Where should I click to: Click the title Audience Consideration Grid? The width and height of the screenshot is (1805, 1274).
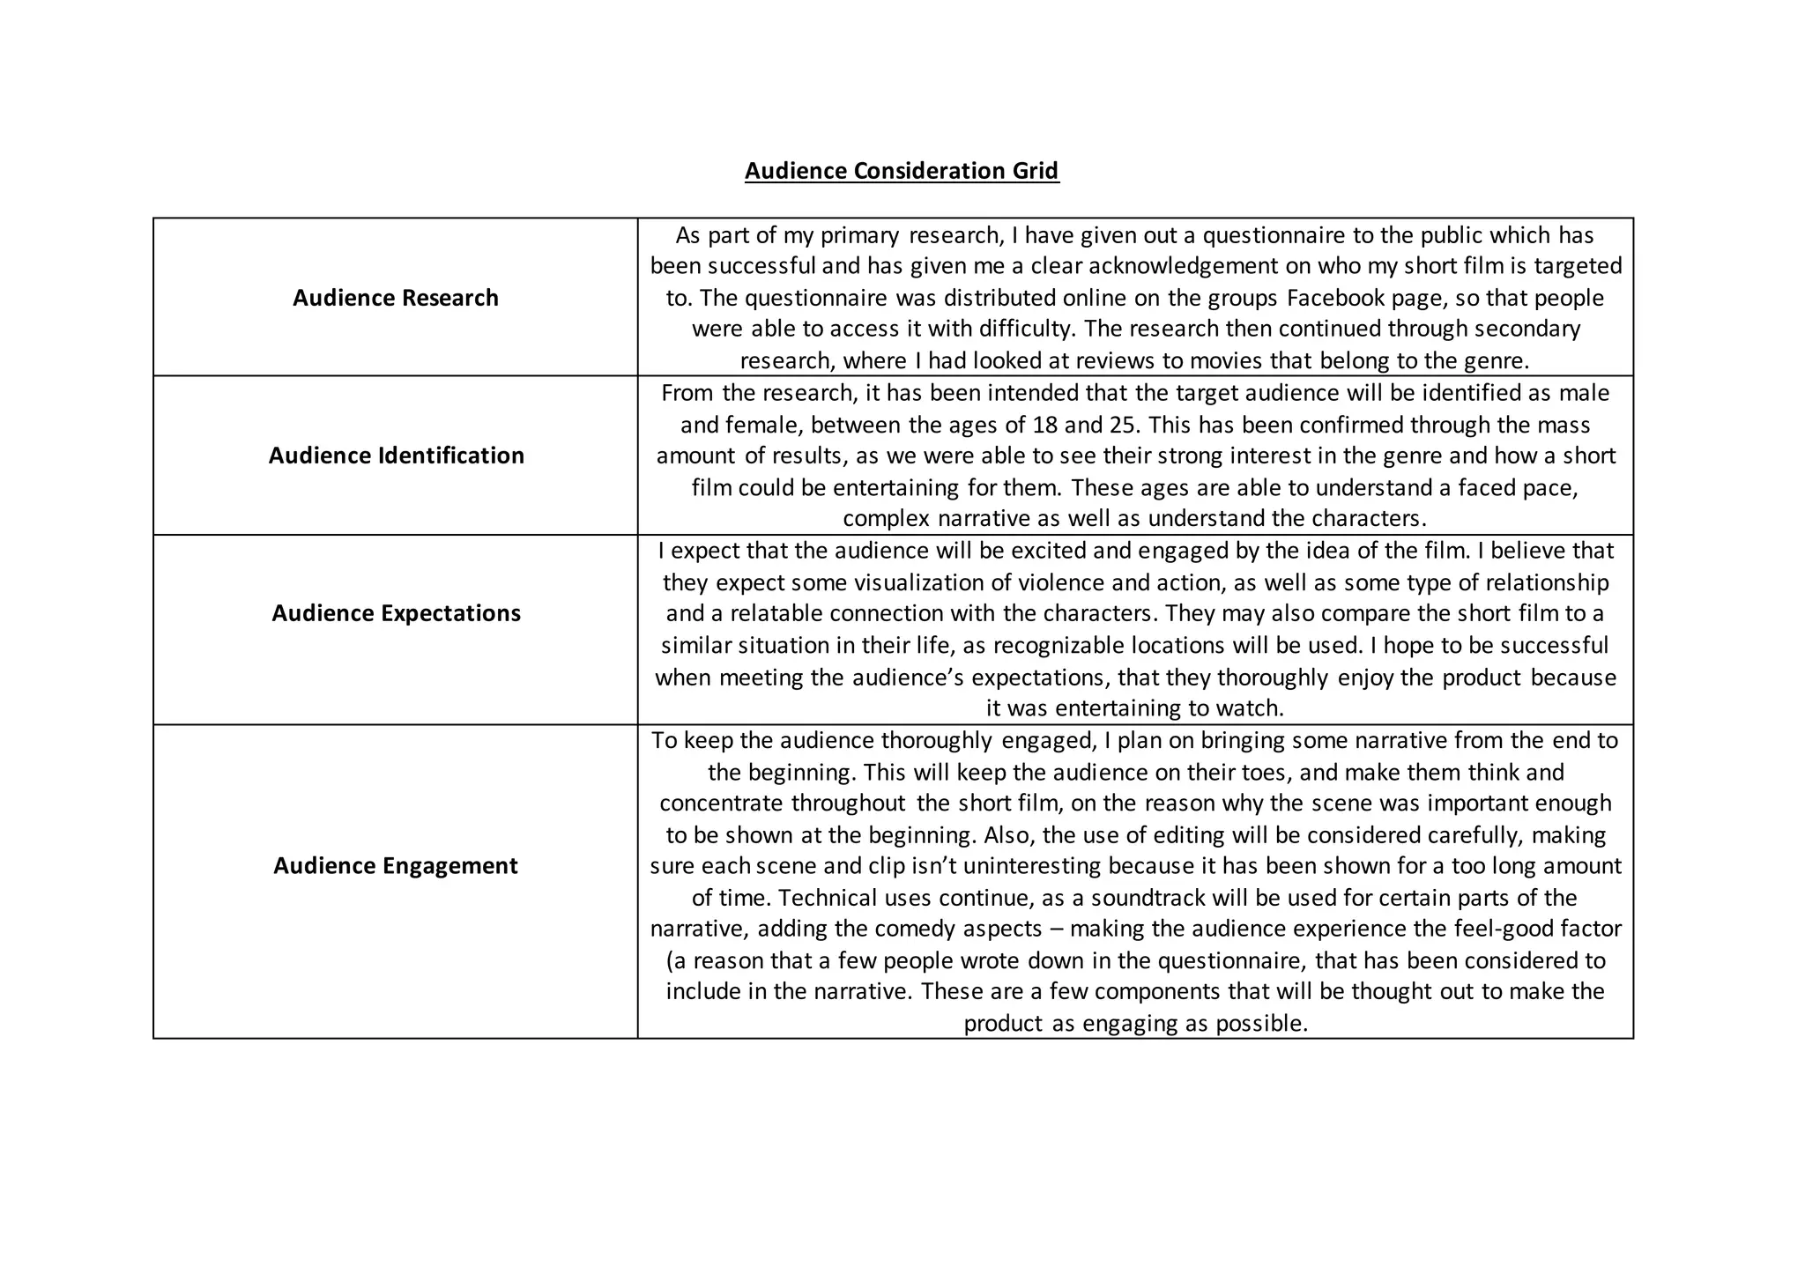coord(902,170)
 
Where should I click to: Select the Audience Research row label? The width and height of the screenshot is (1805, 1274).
coord(396,298)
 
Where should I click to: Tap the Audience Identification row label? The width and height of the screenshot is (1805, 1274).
coord(396,456)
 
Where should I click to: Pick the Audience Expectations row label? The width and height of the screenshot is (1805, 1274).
coord(396,613)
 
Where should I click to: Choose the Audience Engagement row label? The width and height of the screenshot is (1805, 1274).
coord(396,866)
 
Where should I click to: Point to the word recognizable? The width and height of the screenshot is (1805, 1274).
coord(1065,646)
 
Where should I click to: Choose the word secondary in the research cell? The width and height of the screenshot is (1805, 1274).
coord(1527,329)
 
